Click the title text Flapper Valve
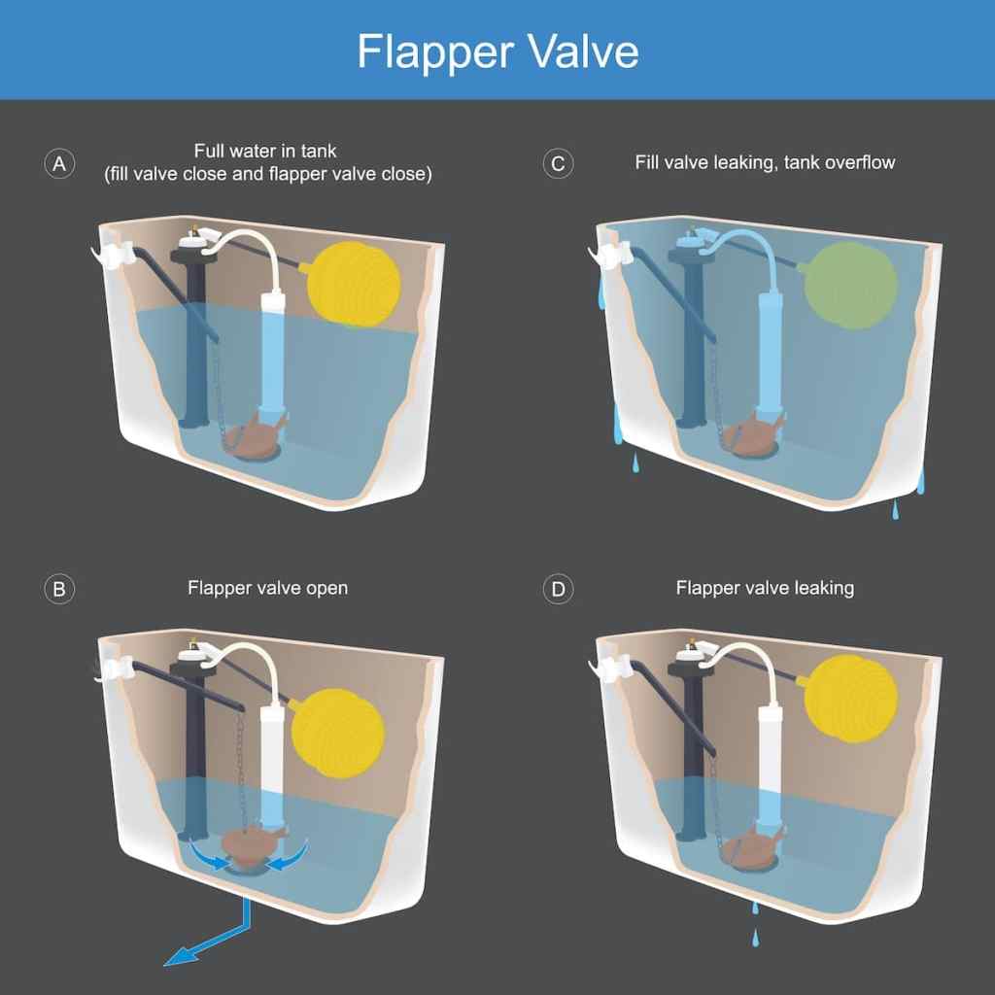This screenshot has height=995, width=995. [497, 51]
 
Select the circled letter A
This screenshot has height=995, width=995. [60, 163]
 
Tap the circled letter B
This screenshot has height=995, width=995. [60, 589]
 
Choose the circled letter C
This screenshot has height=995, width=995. [558, 163]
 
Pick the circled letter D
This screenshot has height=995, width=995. [558, 589]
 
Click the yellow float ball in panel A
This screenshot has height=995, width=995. [354, 285]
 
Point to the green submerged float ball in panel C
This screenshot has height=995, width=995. [852, 285]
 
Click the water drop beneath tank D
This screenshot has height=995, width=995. [754, 938]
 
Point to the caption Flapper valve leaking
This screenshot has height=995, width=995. [765, 588]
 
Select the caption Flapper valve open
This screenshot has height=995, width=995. [267, 588]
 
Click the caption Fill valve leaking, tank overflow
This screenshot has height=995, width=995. [765, 162]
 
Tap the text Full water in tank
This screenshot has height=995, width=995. [265, 152]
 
